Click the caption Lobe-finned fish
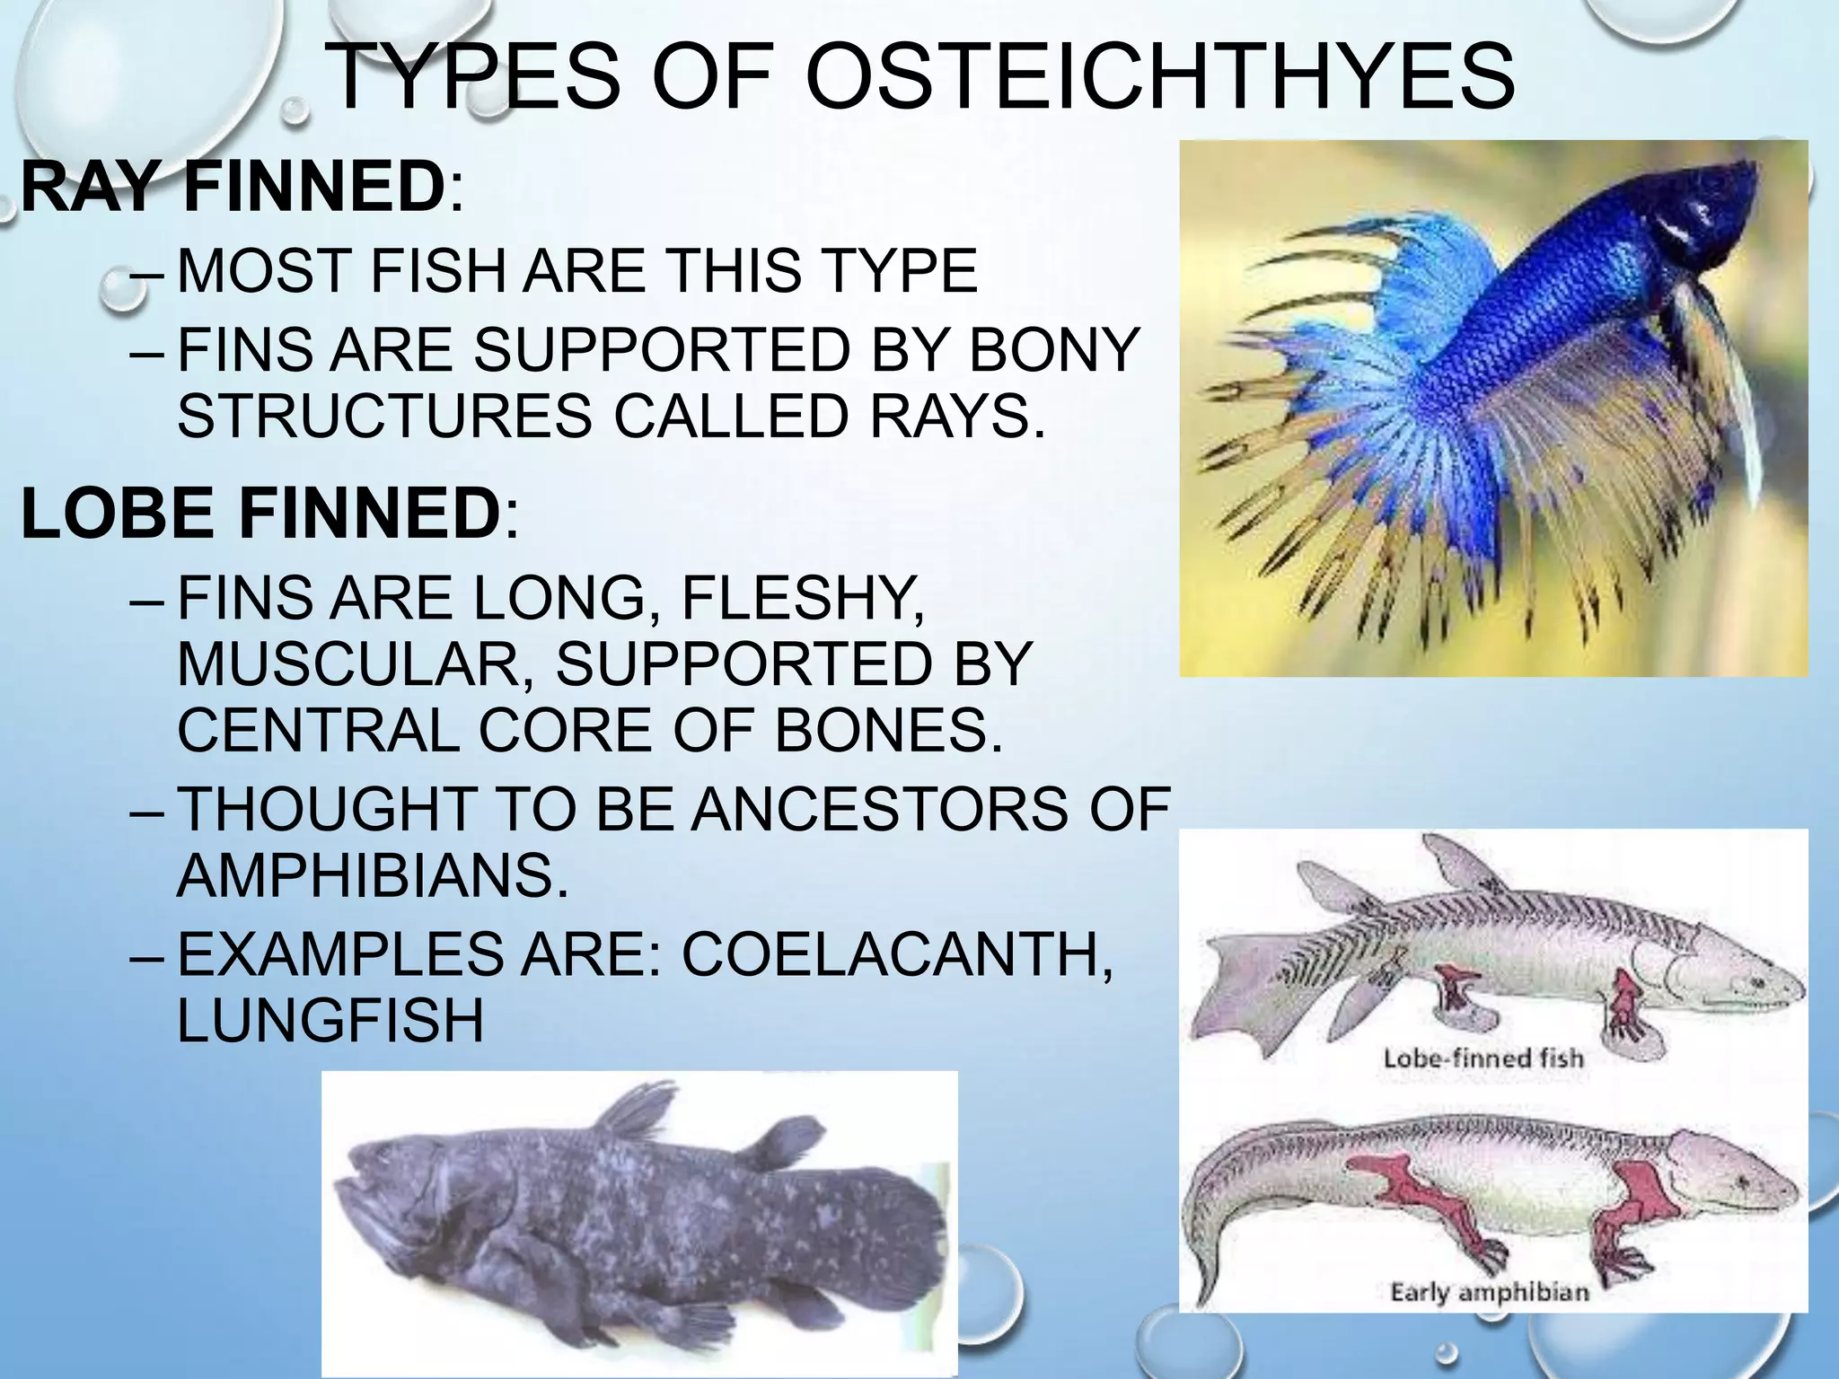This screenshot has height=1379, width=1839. point(1483,1058)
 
